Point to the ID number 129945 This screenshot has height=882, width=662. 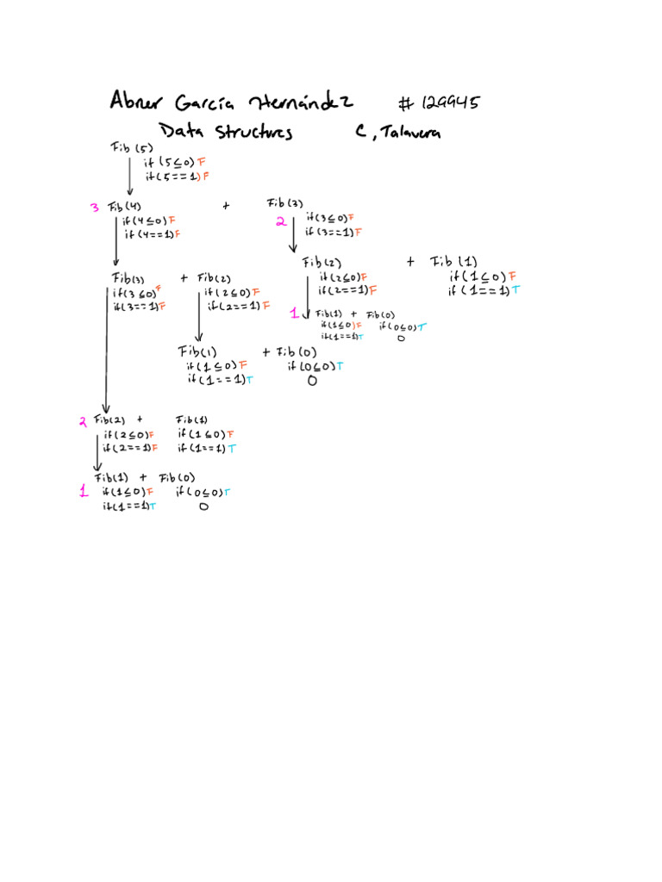(x=448, y=103)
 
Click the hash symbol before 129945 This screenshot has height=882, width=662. (x=406, y=103)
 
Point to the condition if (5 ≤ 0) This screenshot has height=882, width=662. (x=170, y=162)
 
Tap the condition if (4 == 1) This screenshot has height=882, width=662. (x=148, y=234)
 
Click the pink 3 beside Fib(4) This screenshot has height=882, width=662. (x=94, y=208)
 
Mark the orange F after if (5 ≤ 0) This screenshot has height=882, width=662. (x=202, y=162)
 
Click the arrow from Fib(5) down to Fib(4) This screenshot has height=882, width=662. (x=129, y=177)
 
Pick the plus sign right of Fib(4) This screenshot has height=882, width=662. (x=226, y=206)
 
